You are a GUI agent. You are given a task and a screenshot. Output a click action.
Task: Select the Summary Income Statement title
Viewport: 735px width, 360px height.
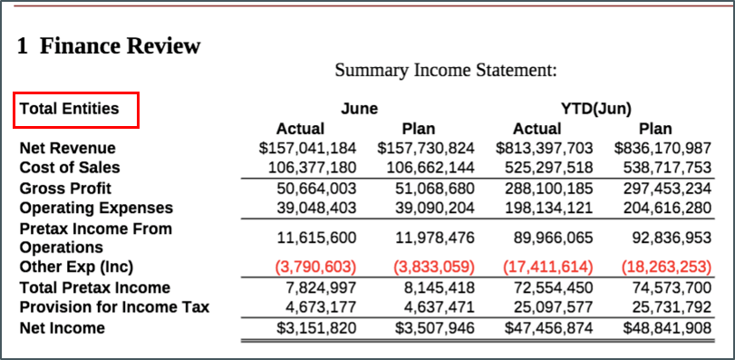click(445, 70)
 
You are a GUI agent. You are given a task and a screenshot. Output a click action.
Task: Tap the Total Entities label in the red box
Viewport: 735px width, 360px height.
click(70, 109)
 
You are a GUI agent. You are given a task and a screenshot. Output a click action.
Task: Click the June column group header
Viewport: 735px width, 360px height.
click(359, 109)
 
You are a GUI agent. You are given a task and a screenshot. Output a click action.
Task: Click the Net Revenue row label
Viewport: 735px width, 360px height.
click(67, 148)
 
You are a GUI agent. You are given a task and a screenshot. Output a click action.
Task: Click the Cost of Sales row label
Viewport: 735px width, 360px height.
click(69, 168)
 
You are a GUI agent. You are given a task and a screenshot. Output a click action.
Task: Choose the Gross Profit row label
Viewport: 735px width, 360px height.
click(65, 189)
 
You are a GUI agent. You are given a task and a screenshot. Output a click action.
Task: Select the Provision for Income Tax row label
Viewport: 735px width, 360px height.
click(114, 307)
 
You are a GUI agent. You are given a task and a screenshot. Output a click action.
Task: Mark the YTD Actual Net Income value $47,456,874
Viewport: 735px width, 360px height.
click(545, 327)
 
